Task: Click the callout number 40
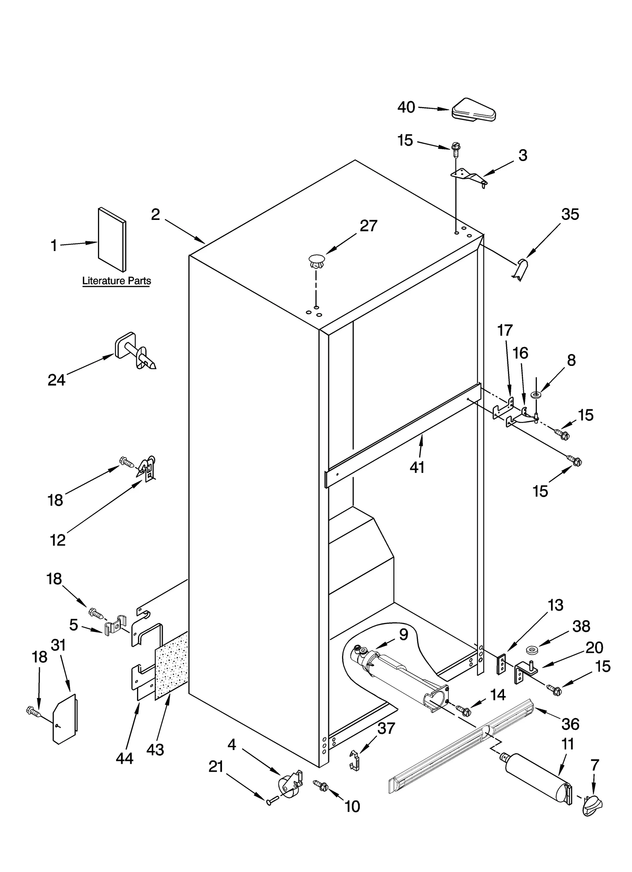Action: coord(406,107)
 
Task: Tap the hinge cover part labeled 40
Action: coord(473,110)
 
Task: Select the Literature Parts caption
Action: coord(116,281)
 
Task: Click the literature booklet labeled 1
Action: coord(112,240)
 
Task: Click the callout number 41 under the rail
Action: coord(417,467)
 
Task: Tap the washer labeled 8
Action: coord(536,394)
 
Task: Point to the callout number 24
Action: coord(56,380)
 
